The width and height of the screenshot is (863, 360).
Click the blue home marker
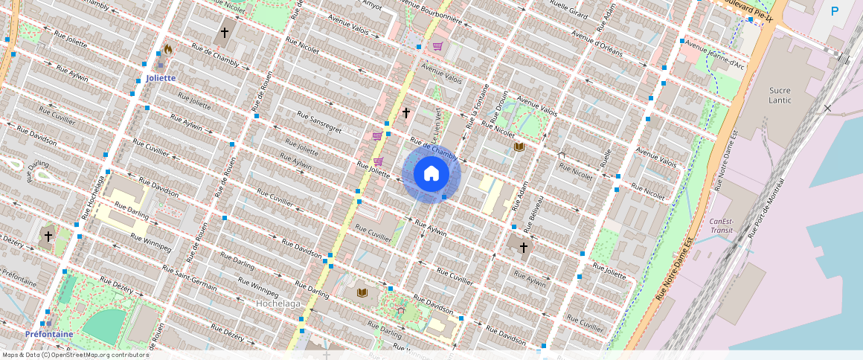pyautogui.click(x=431, y=174)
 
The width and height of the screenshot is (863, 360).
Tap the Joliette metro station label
pyautogui.click(x=161, y=77)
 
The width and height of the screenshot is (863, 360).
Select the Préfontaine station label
pyautogui.click(x=49, y=334)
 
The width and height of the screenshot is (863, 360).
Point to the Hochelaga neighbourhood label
pyautogui.click(x=277, y=303)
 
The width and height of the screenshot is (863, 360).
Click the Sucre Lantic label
pyautogui.click(x=780, y=95)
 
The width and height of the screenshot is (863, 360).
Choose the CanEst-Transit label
pyautogui.click(x=721, y=225)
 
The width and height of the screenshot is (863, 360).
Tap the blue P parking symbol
pyautogui.click(x=835, y=11)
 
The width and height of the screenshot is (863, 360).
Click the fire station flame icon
pyautogui.click(x=167, y=50)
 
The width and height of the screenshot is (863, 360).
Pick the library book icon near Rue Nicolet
pyautogui.click(x=519, y=147)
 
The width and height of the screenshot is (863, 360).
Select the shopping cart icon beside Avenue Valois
pyautogui.click(x=437, y=46)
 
